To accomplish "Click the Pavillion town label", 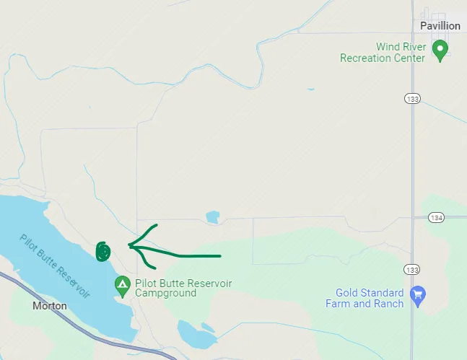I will tap(440, 25).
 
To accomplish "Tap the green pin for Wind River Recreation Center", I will tap(440, 50).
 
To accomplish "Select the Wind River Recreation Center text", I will tap(383, 53).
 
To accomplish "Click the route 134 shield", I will tap(436, 217).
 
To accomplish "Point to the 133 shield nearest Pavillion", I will tap(412, 99).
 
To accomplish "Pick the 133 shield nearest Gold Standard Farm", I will tap(412, 269).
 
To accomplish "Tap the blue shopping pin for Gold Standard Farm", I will tap(416, 294).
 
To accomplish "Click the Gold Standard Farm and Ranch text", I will tap(369, 298).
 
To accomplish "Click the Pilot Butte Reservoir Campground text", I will tap(183, 289).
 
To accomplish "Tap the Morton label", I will tap(50, 306).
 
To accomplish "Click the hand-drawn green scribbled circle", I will tap(103, 251).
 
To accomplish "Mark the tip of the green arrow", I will tap(129, 245).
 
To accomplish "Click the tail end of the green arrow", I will tap(219, 255).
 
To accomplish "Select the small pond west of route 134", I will tap(212, 217).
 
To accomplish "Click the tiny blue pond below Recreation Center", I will tap(310, 89).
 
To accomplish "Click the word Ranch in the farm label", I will tap(389, 304).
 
